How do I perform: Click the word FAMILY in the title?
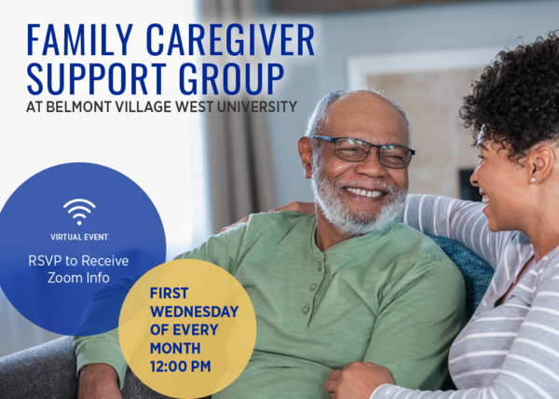point(80,39)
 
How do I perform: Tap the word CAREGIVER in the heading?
point(230,39)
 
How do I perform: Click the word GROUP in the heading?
point(232,79)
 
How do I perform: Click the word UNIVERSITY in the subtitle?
point(257,106)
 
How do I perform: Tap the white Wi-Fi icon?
point(79,212)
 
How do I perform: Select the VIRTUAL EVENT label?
point(79,237)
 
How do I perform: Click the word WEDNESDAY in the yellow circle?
point(195,311)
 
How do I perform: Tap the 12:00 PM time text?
point(181,366)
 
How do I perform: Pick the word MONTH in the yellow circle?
point(175,349)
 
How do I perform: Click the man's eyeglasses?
point(363,151)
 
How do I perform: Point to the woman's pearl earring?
point(533,181)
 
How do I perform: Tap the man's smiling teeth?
point(365,193)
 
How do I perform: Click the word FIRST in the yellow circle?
point(169,294)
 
